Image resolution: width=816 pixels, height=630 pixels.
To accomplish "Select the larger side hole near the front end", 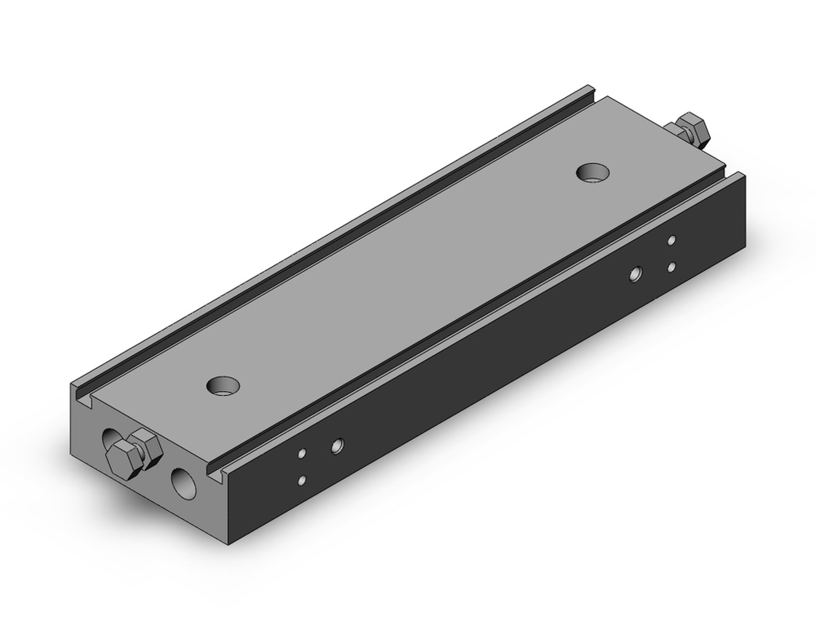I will click(x=335, y=446).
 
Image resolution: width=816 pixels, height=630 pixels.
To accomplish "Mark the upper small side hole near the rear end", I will click(x=671, y=240).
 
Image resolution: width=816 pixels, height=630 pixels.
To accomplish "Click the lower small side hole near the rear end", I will click(x=671, y=267).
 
